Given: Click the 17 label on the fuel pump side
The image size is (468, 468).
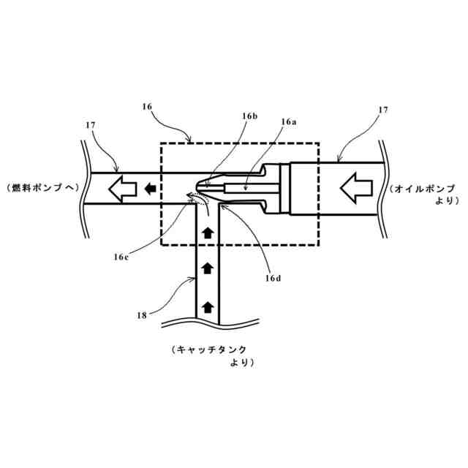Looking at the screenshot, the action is (91, 126).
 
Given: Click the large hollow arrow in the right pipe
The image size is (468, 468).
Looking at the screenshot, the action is (358, 188).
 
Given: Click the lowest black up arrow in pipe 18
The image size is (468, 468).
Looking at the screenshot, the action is (208, 306).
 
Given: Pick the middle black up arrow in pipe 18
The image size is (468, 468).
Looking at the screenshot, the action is (208, 268).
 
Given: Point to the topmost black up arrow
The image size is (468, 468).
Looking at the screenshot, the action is (208, 233).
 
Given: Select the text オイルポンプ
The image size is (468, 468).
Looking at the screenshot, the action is (424, 188).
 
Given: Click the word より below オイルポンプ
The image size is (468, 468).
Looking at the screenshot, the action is (443, 200).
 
